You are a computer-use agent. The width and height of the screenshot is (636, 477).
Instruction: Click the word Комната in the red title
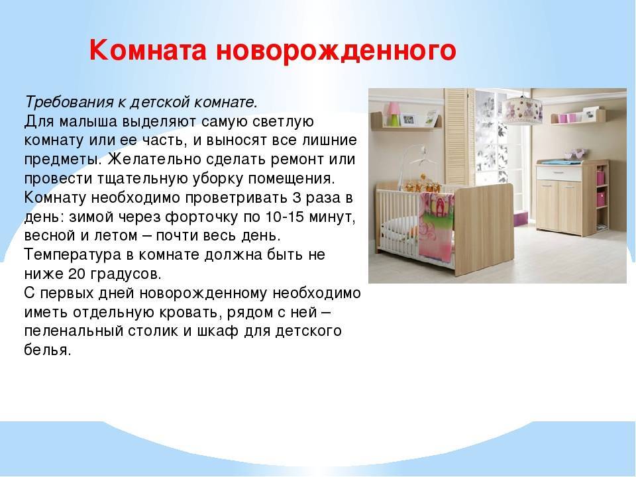148,50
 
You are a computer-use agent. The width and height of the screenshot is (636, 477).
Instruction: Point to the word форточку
201,217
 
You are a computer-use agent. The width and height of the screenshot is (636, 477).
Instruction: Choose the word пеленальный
74,331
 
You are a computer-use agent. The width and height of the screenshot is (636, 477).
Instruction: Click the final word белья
48,350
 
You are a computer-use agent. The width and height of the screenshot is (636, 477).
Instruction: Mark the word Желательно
154,159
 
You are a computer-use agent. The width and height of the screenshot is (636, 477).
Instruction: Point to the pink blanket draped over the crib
437,225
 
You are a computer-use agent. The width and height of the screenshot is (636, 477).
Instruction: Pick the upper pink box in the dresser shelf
600,178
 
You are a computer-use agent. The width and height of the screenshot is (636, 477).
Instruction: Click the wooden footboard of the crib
484,229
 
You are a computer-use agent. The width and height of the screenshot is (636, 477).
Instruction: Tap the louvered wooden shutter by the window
459,136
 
